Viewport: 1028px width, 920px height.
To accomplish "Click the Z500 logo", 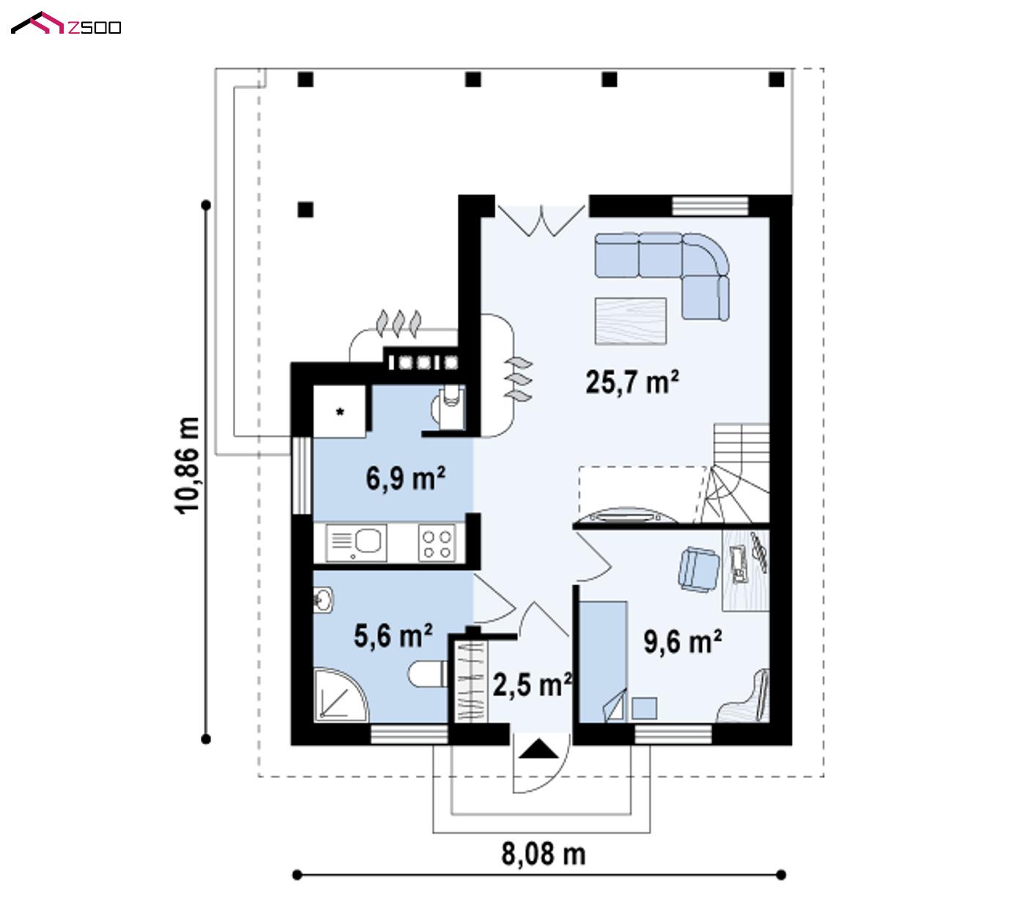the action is pos(65,23).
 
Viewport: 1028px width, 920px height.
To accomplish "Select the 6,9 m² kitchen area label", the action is pos(405,478).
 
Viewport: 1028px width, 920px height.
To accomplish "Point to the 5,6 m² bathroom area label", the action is pos(393,635).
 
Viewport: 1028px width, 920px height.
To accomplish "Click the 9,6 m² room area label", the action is pos(682,642).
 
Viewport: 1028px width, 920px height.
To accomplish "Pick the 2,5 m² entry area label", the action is pos(532,684).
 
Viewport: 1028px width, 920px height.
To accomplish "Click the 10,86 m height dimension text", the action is pos(187,466).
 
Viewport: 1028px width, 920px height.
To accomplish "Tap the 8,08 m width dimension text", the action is pos(544,853).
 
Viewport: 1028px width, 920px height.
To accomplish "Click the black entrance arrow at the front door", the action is pos(539,749).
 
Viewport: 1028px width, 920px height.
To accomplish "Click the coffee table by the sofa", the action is pos(630,321).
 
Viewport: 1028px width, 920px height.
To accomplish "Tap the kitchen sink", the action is pos(356,543).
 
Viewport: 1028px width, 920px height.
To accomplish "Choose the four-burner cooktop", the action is pos(437,544).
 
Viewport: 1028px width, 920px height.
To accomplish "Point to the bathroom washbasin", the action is pos(322,601).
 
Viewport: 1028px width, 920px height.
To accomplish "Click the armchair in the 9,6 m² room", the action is pos(699,570).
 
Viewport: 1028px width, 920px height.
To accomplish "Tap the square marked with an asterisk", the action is pos(339,412).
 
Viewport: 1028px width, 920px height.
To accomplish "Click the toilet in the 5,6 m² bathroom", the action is pos(428,673).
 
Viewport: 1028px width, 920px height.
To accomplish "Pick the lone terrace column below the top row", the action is pos(306,209).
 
